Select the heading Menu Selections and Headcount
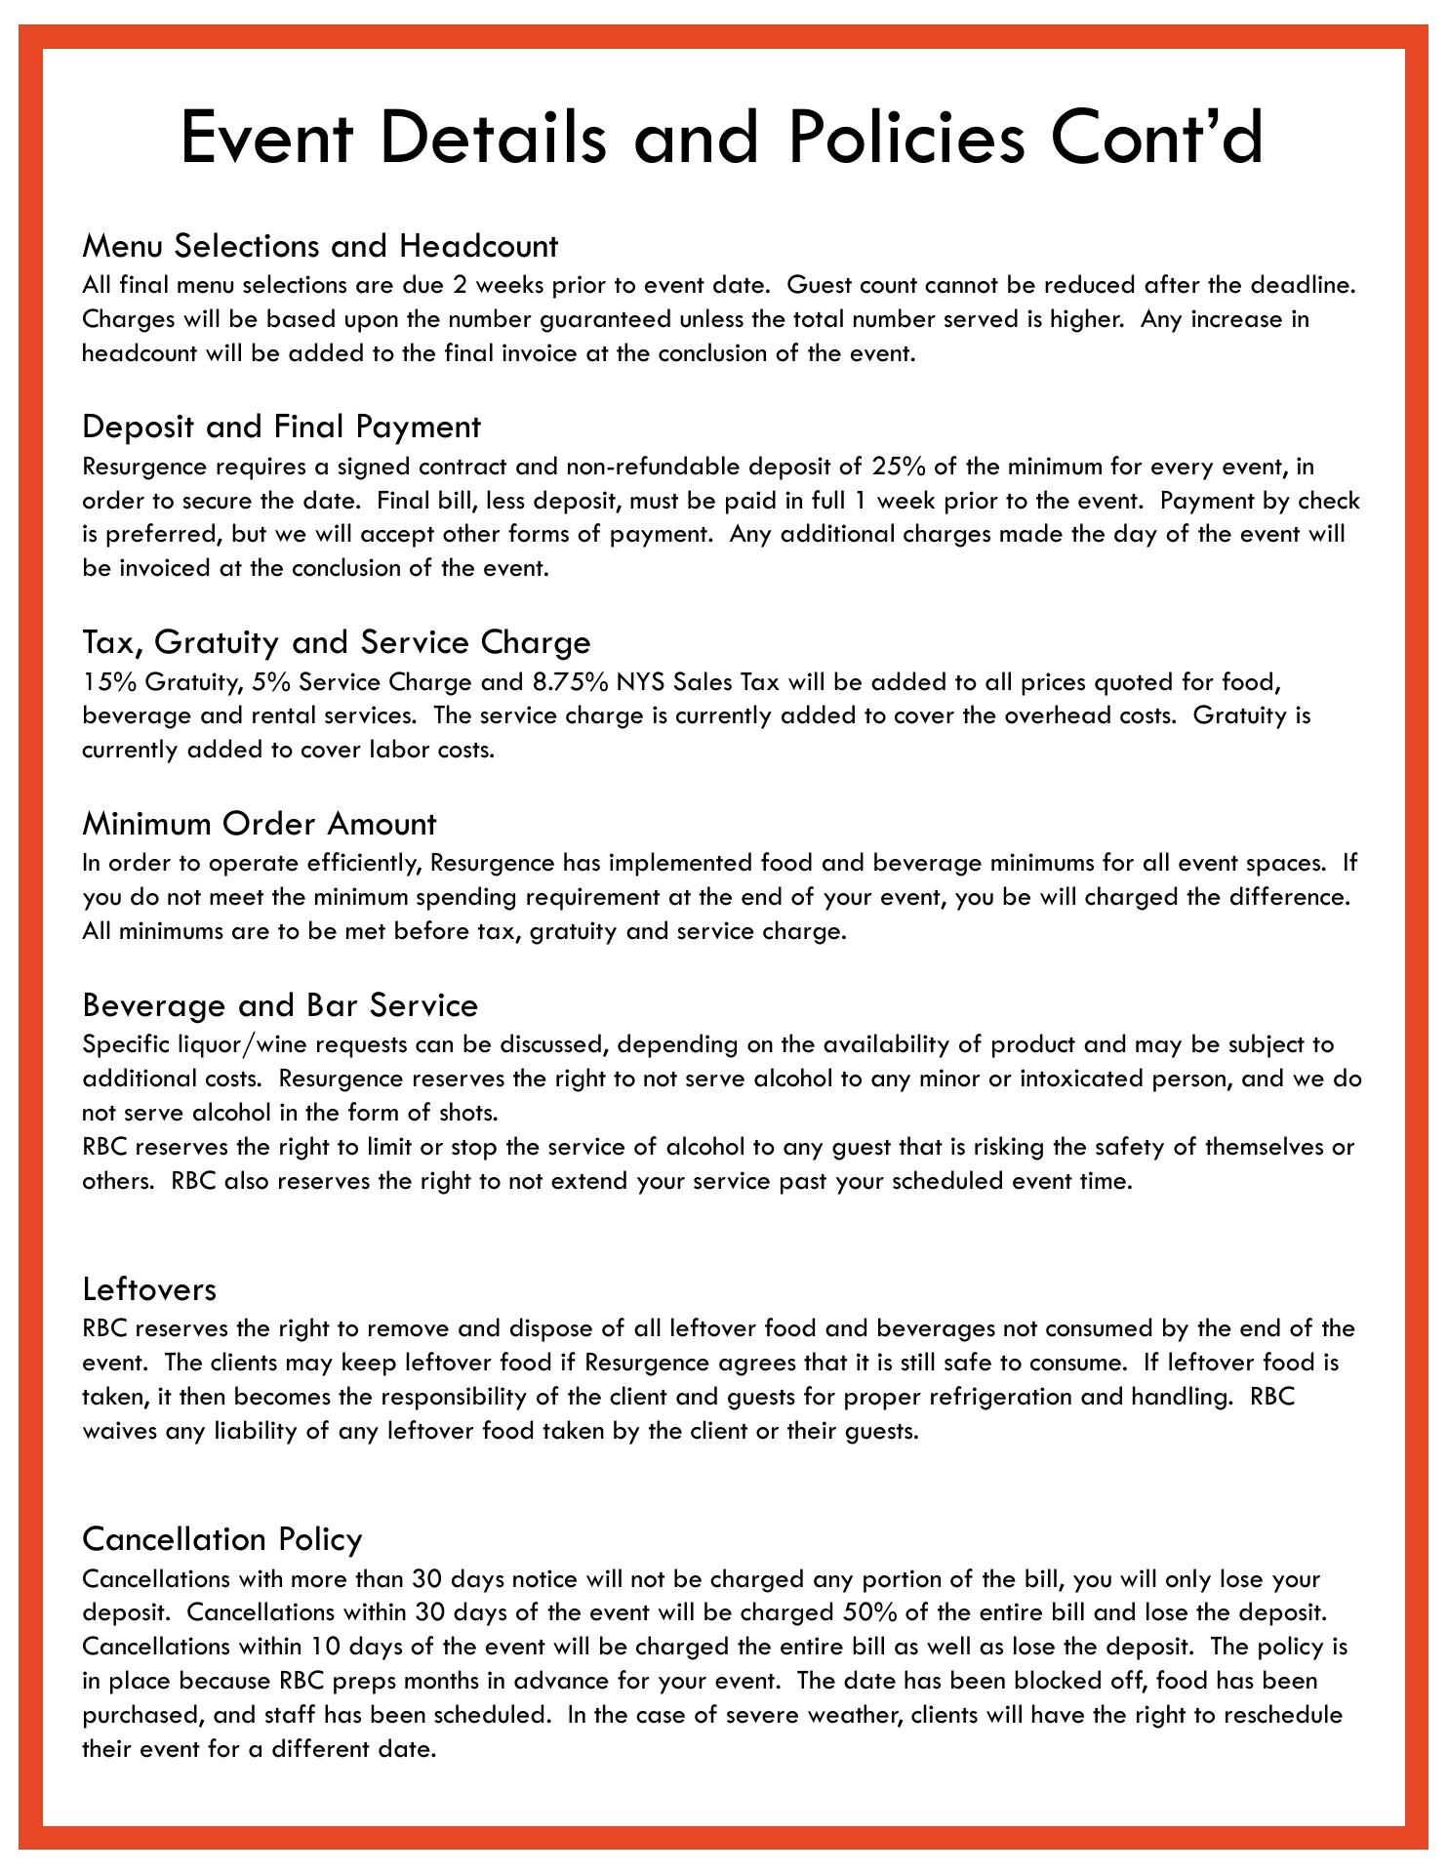320,245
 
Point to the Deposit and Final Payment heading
281,427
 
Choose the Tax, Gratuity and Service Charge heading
337,642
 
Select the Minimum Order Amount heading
260,824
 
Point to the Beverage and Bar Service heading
280,1005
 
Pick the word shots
467,1113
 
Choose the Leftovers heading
149,1289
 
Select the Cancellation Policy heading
222,1539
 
